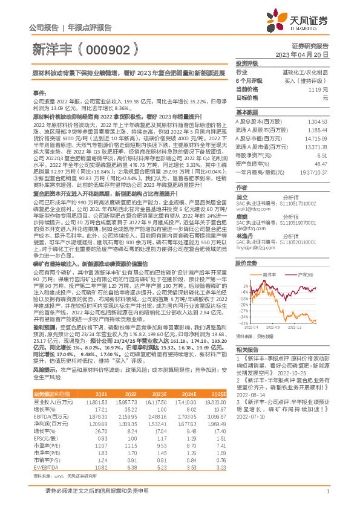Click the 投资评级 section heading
click(247, 63)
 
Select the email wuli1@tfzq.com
click(249, 200)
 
